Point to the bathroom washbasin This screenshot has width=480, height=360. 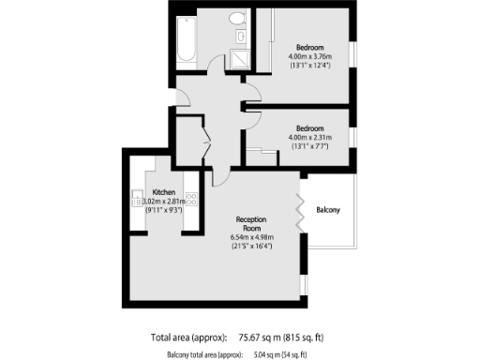239,37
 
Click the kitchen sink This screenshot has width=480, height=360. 137,199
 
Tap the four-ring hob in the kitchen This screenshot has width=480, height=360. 191,198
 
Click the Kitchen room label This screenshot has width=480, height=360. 164,191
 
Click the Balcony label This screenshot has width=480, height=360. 329,209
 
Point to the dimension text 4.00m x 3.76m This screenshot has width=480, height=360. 310,56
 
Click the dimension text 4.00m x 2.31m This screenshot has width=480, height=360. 310,137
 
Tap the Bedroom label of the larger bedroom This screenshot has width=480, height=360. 310,47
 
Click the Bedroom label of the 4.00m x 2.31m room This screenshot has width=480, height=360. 310,127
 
